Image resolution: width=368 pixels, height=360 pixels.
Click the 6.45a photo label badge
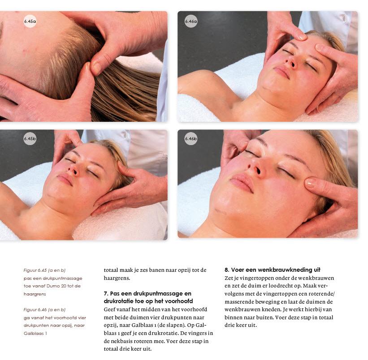point(30,21)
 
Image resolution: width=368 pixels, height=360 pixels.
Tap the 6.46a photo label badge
point(191,21)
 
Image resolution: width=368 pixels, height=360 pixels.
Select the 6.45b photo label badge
point(30,138)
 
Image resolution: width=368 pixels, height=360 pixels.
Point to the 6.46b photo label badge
point(191,138)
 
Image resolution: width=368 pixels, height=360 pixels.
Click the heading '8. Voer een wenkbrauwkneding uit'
point(272,270)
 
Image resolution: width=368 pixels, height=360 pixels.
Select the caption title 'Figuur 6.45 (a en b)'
point(44,270)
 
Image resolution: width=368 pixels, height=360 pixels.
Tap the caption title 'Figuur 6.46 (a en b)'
point(44,309)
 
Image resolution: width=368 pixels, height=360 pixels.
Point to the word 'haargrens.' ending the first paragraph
point(117,278)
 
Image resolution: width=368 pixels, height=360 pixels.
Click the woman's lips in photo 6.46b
point(242,183)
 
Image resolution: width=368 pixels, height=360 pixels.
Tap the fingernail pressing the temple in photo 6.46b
point(310,183)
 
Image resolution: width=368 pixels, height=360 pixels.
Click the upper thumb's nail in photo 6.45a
point(96,68)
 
